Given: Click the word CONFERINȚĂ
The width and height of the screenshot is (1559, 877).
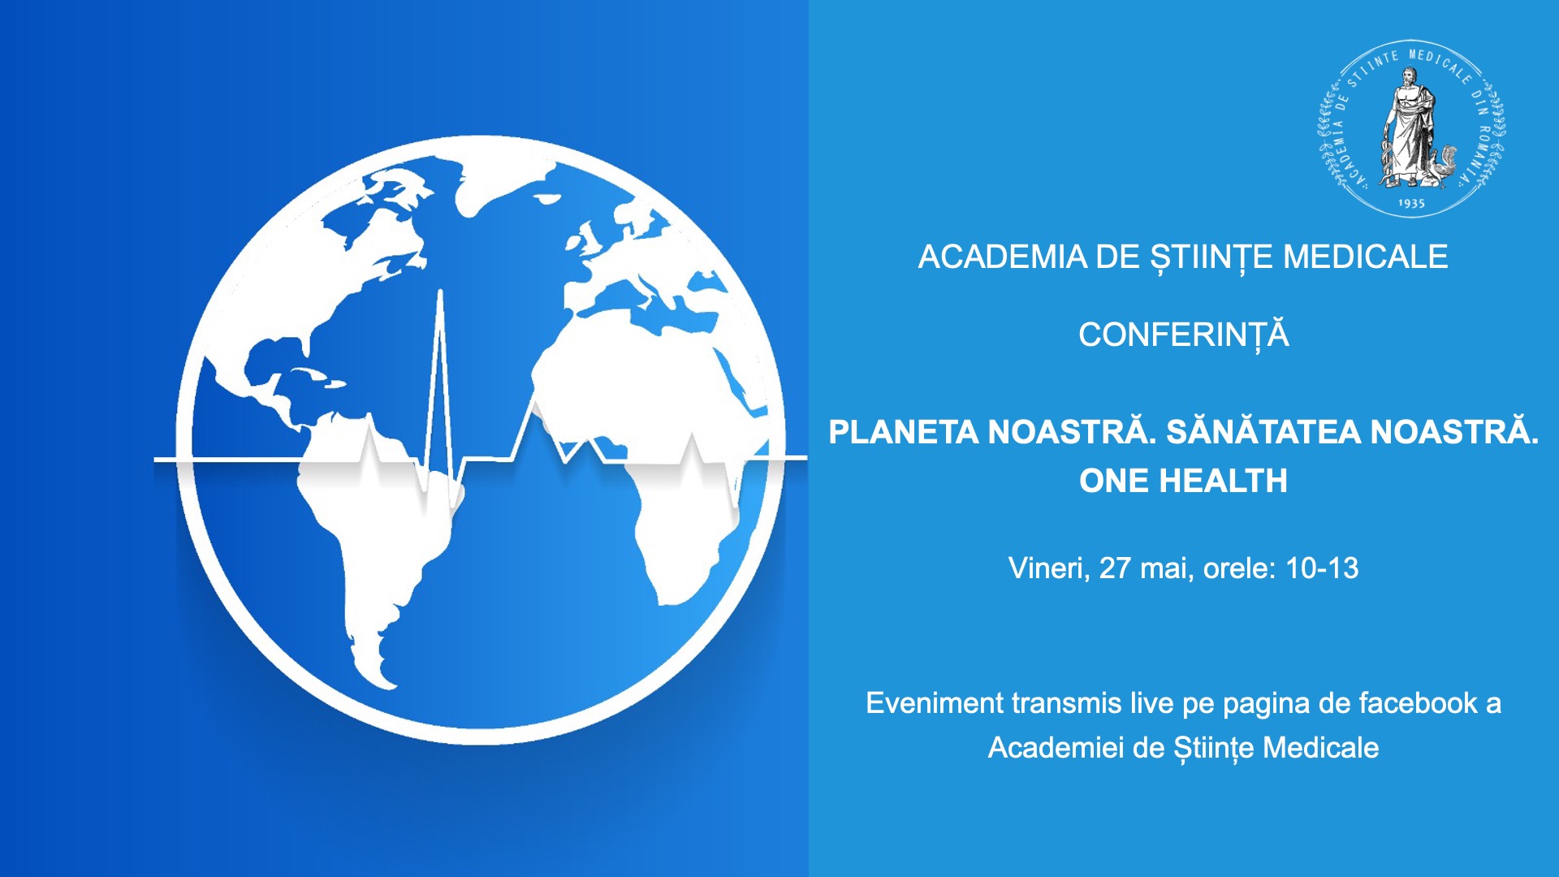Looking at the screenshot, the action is pyautogui.click(x=1183, y=335).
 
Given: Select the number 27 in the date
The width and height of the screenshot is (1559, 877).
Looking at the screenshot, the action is pyautogui.click(x=1116, y=568).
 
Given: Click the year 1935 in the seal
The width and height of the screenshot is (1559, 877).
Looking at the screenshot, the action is pyautogui.click(x=1411, y=203).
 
